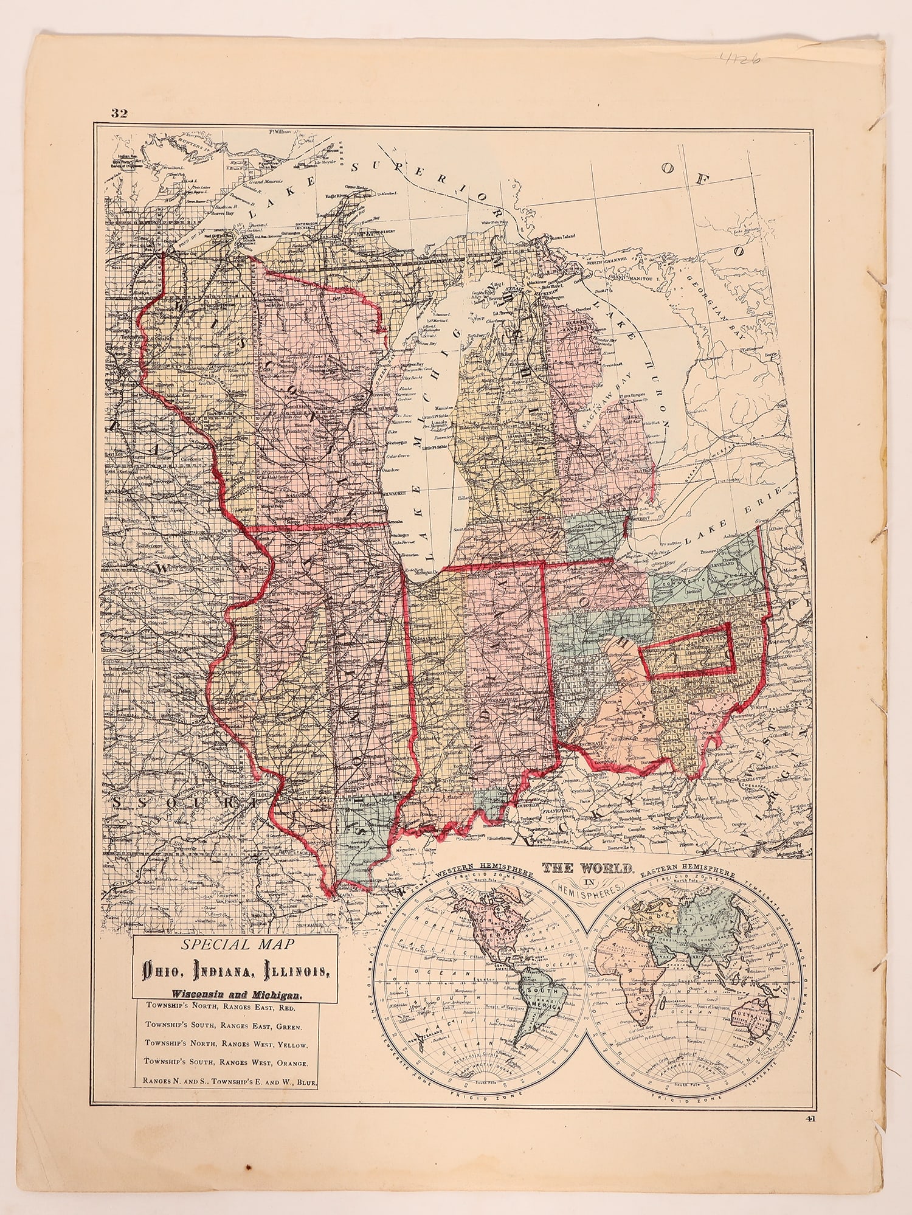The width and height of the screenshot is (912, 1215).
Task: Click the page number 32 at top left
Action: [119, 113]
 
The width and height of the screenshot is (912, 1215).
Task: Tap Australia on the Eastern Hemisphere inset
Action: [752, 1015]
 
